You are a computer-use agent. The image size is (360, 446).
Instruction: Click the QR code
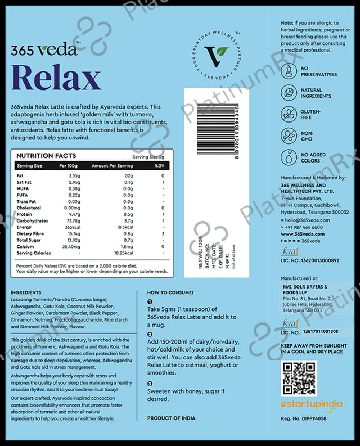point(299,379)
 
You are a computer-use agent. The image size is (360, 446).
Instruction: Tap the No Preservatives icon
point(290,71)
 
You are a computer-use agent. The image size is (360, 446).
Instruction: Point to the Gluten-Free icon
point(290,115)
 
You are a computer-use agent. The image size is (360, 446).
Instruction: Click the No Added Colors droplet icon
point(290,157)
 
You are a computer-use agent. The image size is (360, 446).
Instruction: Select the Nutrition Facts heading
point(46,156)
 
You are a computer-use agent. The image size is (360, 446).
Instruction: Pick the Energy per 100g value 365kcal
point(67,227)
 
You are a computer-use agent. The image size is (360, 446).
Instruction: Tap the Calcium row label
point(26,246)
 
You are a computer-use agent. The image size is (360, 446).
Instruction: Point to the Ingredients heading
point(26,292)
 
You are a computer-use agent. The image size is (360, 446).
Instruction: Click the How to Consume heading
point(170,292)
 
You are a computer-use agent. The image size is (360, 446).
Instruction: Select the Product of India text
point(172,418)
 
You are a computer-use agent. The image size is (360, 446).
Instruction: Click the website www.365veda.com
point(302,233)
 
